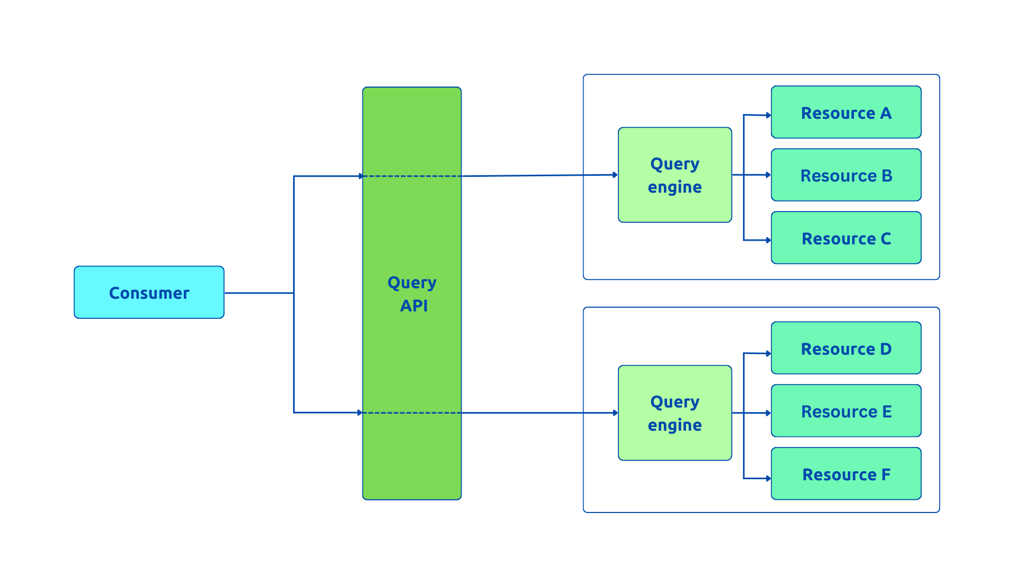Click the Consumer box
tap(149, 292)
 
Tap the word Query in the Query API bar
tap(412, 283)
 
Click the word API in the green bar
tap(414, 306)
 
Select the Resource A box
tap(846, 112)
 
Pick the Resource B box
tap(846, 175)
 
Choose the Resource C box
tap(846, 238)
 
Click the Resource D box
tap(846, 348)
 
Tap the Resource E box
tap(846, 411)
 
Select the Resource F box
tap(846, 474)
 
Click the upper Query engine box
tap(674, 175)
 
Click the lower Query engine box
tap(674, 413)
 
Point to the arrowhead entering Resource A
tap(768, 115)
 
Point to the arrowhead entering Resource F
tap(768, 479)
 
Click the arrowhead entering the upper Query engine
tap(615, 175)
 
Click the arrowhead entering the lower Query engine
tap(615, 413)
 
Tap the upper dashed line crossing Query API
tap(412, 176)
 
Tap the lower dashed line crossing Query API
tap(412, 413)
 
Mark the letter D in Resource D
tap(886, 349)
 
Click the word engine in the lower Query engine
tap(674, 425)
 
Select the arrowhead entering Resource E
tap(768, 413)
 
